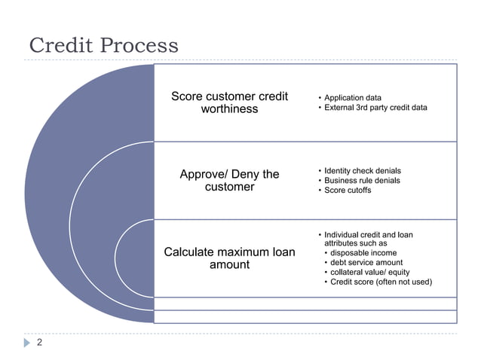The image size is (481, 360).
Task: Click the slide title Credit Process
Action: pyautogui.click(x=103, y=45)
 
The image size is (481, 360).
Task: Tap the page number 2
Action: pyautogui.click(x=40, y=343)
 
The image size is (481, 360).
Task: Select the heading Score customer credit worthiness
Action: pyautogui.click(x=229, y=102)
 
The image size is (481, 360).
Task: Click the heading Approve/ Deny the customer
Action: pyautogui.click(x=229, y=181)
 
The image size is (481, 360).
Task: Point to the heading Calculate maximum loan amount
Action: pyautogui.click(x=229, y=258)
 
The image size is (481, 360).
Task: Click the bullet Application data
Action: pyautogui.click(x=352, y=98)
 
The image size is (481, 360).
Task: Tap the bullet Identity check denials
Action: pyautogui.click(x=362, y=171)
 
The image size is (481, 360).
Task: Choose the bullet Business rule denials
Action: pyautogui.click(x=362, y=181)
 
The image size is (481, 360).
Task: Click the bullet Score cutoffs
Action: pyautogui.click(x=348, y=191)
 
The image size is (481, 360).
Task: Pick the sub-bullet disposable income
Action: pyautogui.click(x=363, y=253)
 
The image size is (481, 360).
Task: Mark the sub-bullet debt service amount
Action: pyautogui.click(x=366, y=263)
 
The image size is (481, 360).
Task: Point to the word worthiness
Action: pyautogui.click(x=229, y=109)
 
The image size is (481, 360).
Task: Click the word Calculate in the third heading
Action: pyautogui.click(x=191, y=252)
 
